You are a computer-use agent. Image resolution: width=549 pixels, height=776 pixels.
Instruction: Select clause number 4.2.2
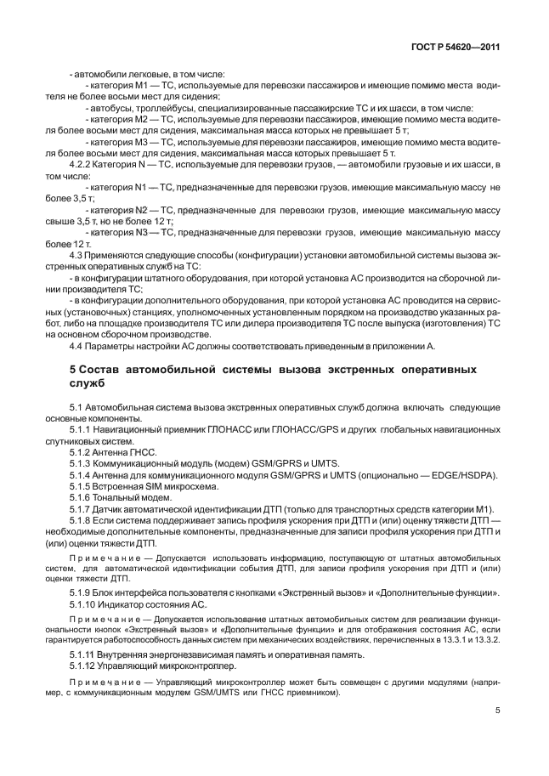[x=82, y=163]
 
